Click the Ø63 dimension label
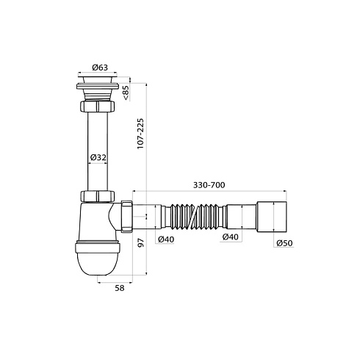pos(100,68)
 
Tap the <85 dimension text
pos(126,93)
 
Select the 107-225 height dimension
pos(140,134)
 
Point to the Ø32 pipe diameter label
pos(98,157)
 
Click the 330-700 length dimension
pos(209,185)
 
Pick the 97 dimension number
pos(141,242)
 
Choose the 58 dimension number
pos(120,288)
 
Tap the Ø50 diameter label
pos(284,243)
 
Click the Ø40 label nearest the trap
pos(166,240)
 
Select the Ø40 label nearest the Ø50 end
pos(231,237)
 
